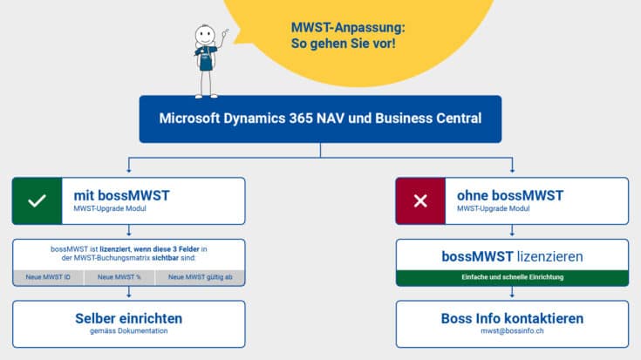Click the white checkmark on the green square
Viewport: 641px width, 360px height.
37,201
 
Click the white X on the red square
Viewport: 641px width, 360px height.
420,201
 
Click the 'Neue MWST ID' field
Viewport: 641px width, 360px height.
49,277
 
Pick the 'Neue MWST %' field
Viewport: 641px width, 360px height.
119,277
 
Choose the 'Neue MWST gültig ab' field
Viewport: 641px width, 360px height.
200,277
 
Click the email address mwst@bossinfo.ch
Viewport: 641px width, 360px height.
512,332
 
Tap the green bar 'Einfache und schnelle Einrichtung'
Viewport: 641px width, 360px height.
512,277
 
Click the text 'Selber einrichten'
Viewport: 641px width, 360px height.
129,317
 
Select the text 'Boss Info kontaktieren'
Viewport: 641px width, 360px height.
512,317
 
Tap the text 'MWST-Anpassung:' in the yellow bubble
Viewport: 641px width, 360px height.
348,26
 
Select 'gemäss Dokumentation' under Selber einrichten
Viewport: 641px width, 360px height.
129,332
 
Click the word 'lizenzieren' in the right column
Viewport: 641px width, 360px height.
549,257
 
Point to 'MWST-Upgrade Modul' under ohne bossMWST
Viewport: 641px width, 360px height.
494,209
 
